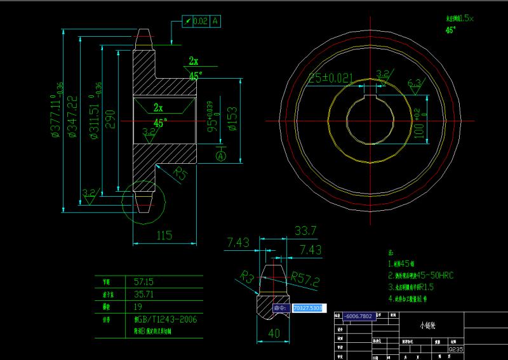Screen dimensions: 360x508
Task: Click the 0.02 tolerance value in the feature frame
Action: click(199, 21)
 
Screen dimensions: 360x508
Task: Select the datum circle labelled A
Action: click(221, 155)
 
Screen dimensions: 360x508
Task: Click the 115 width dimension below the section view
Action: click(164, 236)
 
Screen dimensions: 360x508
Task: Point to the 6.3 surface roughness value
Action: click(414, 83)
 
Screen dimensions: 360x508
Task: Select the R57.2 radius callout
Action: click(305, 279)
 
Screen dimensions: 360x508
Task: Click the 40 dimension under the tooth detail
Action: click(274, 333)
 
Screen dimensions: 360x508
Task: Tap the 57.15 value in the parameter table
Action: click(144, 280)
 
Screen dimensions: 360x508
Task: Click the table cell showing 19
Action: click(138, 306)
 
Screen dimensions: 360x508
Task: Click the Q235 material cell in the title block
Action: click(455, 349)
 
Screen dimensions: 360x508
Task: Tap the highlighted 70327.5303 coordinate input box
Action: click(308, 308)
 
